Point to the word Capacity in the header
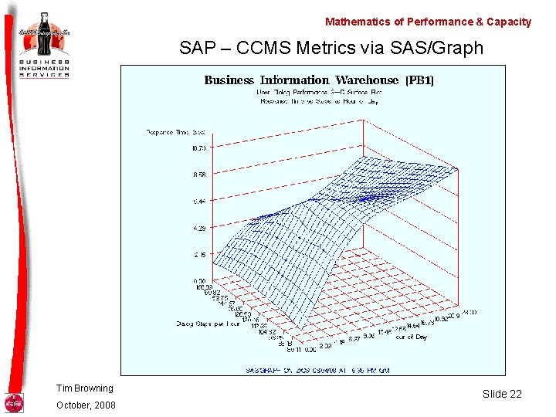pyautogui.click(x=506, y=22)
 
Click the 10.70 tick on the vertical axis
pyautogui.click(x=199, y=148)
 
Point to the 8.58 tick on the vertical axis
pyautogui.click(x=199, y=175)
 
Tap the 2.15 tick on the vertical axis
pyautogui.click(x=199, y=254)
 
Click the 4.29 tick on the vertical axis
pyautogui.click(x=199, y=228)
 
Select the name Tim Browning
pyautogui.click(x=84, y=388)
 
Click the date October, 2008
pyautogui.click(x=85, y=405)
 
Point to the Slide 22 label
pyautogui.click(x=502, y=394)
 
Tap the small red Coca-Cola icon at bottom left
pyautogui.click(x=14, y=403)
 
